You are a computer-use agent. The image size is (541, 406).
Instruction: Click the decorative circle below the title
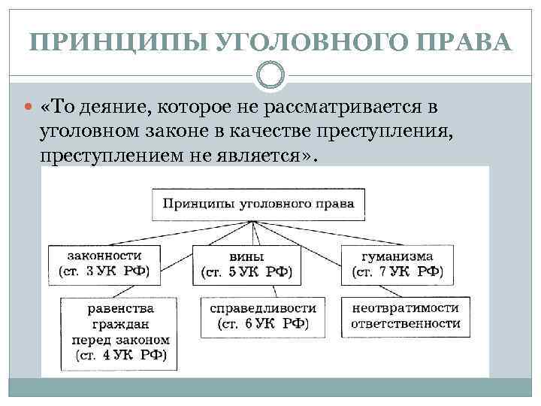270,74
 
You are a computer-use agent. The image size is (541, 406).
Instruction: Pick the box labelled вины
246,264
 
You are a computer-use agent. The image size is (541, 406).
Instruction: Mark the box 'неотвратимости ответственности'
405,317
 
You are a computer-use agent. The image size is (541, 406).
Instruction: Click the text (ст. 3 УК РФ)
104,271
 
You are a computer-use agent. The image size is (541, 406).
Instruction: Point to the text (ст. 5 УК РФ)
246,271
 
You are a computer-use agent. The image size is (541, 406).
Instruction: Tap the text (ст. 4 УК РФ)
120,354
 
